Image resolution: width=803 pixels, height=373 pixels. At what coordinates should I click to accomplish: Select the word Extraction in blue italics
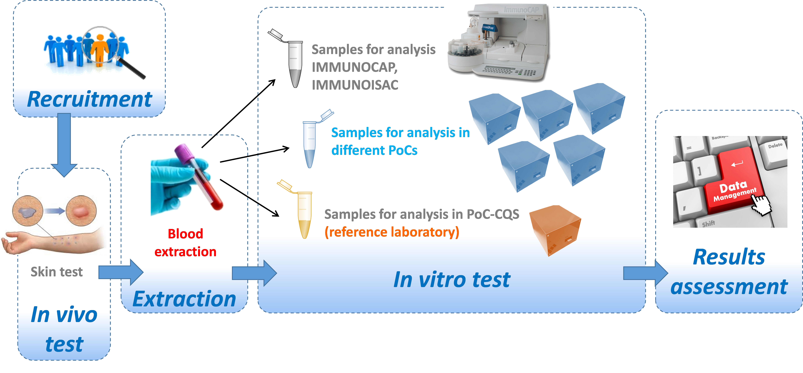pos(184,299)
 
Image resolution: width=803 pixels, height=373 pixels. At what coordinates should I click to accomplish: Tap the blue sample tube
pos(309,144)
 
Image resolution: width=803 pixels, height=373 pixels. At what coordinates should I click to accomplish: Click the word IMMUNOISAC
pos(355,85)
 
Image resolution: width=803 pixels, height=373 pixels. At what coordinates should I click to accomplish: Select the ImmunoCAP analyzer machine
pos(499,44)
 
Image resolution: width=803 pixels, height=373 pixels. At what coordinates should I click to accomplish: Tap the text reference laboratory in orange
pos(392,232)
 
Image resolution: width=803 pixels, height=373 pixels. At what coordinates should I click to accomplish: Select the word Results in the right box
pos(729,257)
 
